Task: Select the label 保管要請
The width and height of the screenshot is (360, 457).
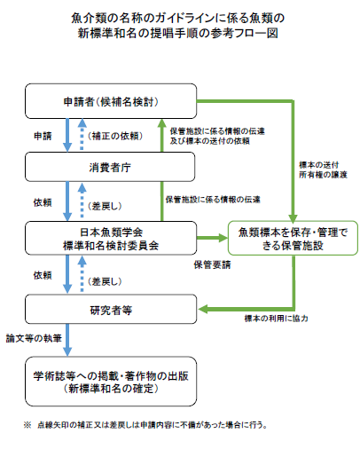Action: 215,264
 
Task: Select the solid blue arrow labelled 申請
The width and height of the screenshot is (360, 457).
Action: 66,134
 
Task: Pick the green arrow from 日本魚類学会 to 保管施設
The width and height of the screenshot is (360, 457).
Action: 207,239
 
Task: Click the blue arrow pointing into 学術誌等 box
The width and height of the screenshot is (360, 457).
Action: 66,343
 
